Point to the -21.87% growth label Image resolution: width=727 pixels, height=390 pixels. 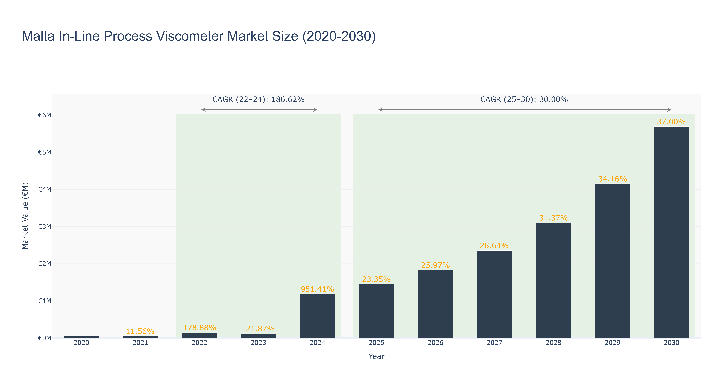pos(258,329)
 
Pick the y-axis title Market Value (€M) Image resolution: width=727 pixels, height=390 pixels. pos(25,216)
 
